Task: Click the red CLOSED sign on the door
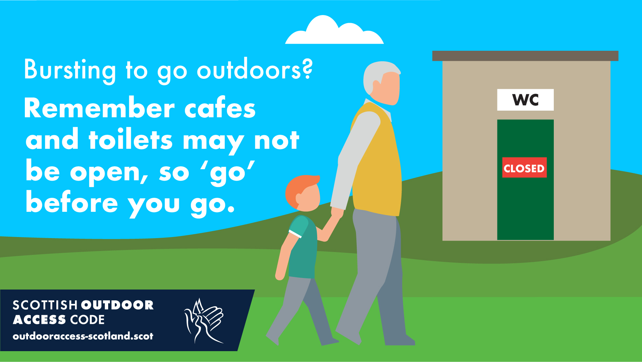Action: coord(524,167)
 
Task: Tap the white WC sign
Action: coord(525,100)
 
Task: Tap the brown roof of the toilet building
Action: coord(525,56)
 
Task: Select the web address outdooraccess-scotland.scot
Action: coord(83,336)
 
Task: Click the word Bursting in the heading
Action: coord(70,70)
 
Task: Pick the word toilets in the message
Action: coord(131,139)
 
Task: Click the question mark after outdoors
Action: coord(307,69)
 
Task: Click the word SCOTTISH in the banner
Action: coord(45,305)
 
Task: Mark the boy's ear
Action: coord(299,199)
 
